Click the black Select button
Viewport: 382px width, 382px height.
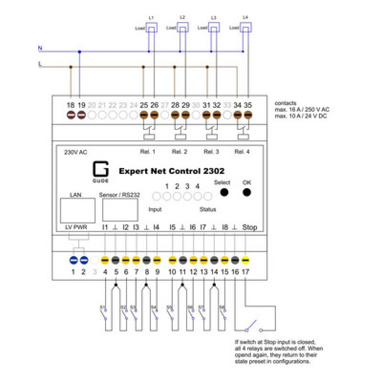pos(223,192)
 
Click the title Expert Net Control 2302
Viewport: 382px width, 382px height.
pos(171,170)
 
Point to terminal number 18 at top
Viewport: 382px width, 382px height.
pos(71,105)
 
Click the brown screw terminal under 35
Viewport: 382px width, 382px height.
pos(248,115)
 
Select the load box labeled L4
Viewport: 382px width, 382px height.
pos(245,29)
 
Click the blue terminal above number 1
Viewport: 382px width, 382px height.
pos(74,260)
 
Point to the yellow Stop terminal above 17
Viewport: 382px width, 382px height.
pos(245,260)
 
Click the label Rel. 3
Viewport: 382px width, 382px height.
pos(211,152)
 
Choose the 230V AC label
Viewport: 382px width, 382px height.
pos(75,152)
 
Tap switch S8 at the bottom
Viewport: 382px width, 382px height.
pos(223,313)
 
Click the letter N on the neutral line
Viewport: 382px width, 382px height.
pos(40,48)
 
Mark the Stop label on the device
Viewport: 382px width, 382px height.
pos(249,227)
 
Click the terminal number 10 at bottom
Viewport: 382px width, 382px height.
pos(172,272)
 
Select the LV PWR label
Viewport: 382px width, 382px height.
pos(73,227)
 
